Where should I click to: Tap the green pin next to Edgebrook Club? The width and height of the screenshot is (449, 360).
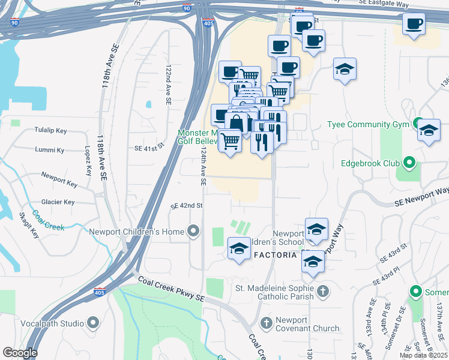(409, 162)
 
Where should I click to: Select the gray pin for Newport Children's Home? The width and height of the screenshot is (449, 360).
(193, 231)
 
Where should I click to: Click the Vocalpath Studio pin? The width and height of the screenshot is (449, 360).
(92, 323)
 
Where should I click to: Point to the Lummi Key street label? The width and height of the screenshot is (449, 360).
(49, 150)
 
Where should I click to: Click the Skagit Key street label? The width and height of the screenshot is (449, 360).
(29, 226)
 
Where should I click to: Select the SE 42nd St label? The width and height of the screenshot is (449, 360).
(187, 205)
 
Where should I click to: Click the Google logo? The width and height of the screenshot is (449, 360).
(20, 353)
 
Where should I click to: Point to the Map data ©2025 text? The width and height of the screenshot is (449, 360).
(423, 355)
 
